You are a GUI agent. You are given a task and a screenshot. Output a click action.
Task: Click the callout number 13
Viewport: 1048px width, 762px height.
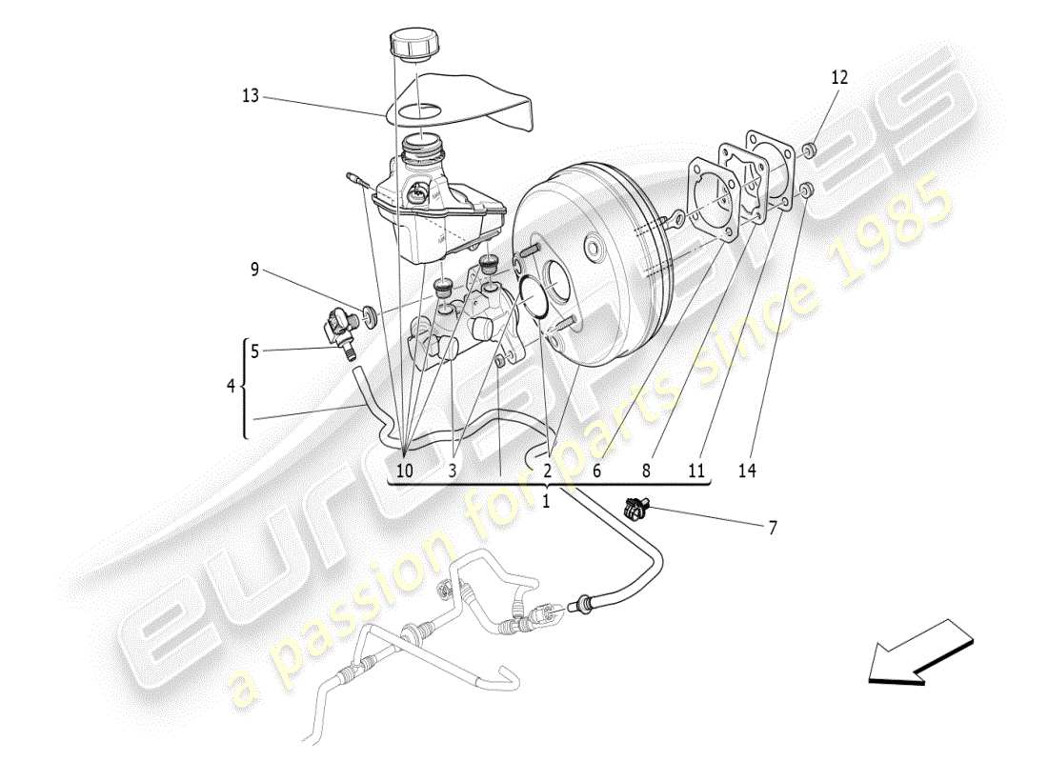coord(250,96)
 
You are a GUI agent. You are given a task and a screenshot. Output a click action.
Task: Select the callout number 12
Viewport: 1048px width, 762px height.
coord(839,78)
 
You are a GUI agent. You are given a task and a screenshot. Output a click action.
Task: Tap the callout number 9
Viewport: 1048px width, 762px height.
coord(254,270)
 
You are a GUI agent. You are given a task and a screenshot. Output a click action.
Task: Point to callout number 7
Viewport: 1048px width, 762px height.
coord(772,527)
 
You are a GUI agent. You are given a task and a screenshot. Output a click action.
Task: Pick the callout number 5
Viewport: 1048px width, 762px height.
coord(254,351)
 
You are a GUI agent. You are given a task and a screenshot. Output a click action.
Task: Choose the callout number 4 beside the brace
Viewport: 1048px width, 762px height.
coord(230,387)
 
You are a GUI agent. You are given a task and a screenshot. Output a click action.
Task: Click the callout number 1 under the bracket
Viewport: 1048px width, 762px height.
coord(546,501)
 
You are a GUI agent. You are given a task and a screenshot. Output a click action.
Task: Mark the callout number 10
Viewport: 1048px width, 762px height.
coord(405,470)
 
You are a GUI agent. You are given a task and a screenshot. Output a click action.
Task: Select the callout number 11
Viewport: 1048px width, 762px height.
coord(696,470)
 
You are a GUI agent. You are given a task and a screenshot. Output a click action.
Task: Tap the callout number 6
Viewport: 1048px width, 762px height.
coord(597,470)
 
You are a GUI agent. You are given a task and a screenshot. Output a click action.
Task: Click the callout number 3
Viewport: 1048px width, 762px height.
coord(453,470)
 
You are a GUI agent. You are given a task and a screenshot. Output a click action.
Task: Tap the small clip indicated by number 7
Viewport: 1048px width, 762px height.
coord(634,510)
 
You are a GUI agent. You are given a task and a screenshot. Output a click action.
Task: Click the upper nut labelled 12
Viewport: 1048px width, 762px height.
coord(808,150)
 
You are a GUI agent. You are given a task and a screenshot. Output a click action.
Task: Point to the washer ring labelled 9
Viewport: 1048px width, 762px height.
coord(369,312)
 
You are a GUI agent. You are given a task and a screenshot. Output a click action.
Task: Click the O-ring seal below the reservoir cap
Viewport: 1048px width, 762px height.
coord(417,112)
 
